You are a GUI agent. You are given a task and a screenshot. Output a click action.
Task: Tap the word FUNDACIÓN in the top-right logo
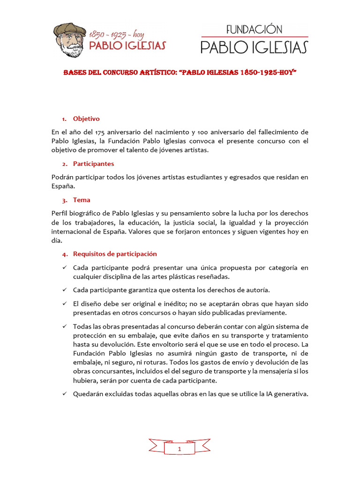click(x=254, y=30)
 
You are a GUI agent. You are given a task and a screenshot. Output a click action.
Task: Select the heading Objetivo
click(x=86, y=119)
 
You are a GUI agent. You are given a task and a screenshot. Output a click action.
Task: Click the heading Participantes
click(x=93, y=164)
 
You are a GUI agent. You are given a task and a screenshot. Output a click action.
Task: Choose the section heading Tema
click(x=82, y=200)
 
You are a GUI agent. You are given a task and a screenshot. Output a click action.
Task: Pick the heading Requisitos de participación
click(x=115, y=254)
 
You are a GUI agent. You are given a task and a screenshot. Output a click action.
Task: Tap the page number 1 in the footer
click(x=179, y=449)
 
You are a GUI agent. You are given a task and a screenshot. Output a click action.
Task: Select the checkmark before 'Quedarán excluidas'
click(x=65, y=394)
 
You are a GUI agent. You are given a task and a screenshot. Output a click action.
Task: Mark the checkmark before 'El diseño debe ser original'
click(x=65, y=304)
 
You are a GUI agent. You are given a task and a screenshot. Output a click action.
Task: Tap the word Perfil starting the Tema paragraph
click(x=60, y=213)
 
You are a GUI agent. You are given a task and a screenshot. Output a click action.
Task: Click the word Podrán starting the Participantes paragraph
click(x=63, y=177)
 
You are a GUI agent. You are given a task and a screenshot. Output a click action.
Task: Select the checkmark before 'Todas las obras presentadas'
click(x=65, y=326)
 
